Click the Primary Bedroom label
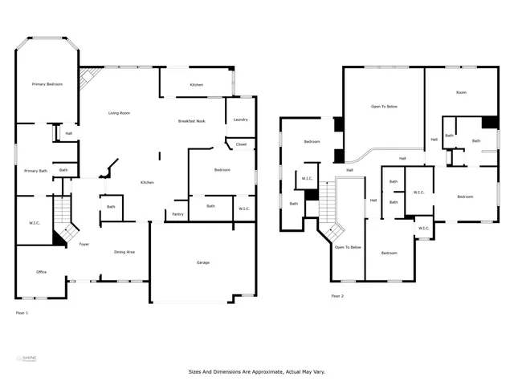(47, 84)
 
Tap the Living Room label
(120, 113)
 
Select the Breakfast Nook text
(193, 121)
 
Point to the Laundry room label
(240, 120)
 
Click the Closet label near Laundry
(240, 144)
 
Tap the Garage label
(203, 262)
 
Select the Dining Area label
(124, 252)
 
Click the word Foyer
(84, 244)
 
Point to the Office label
(41, 272)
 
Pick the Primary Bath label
(35, 171)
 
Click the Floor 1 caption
(22, 312)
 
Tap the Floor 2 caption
(337, 296)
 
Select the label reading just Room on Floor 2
(461, 93)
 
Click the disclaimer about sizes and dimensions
(256, 372)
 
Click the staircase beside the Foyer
(63, 221)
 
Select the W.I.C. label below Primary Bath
(34, 223)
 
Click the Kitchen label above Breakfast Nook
(196, 85)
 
